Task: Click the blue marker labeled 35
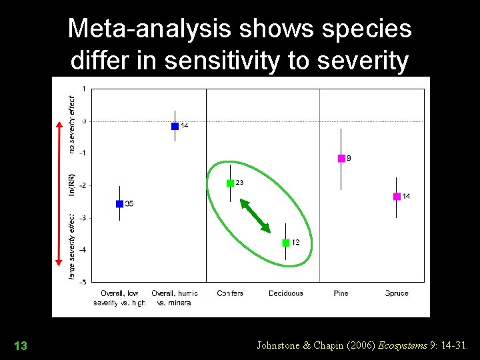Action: click(x=119, y=204)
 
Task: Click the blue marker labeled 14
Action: click(x=175, y=126)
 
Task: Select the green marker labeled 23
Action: click(x=230, y=183)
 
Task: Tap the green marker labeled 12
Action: click(x=286, y=243)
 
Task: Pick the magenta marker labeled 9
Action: click(x=341, y=159)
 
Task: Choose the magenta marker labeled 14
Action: click(x=397, y=196)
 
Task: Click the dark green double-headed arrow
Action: click(x=255, y=216)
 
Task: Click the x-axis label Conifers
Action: click(x=230, y=293)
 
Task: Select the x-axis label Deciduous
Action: click(x=286, y=293)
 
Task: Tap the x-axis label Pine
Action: click(x=341, y=293)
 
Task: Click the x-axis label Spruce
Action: click(x=397, y=293)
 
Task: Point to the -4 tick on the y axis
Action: click(x=82, y=250)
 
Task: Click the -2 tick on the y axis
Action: click(x=82, y=185)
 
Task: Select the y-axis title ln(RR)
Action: click(x=72, y=184)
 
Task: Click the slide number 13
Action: click(x=21, y=345)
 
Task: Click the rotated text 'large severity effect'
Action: click(x=72, y=247)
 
